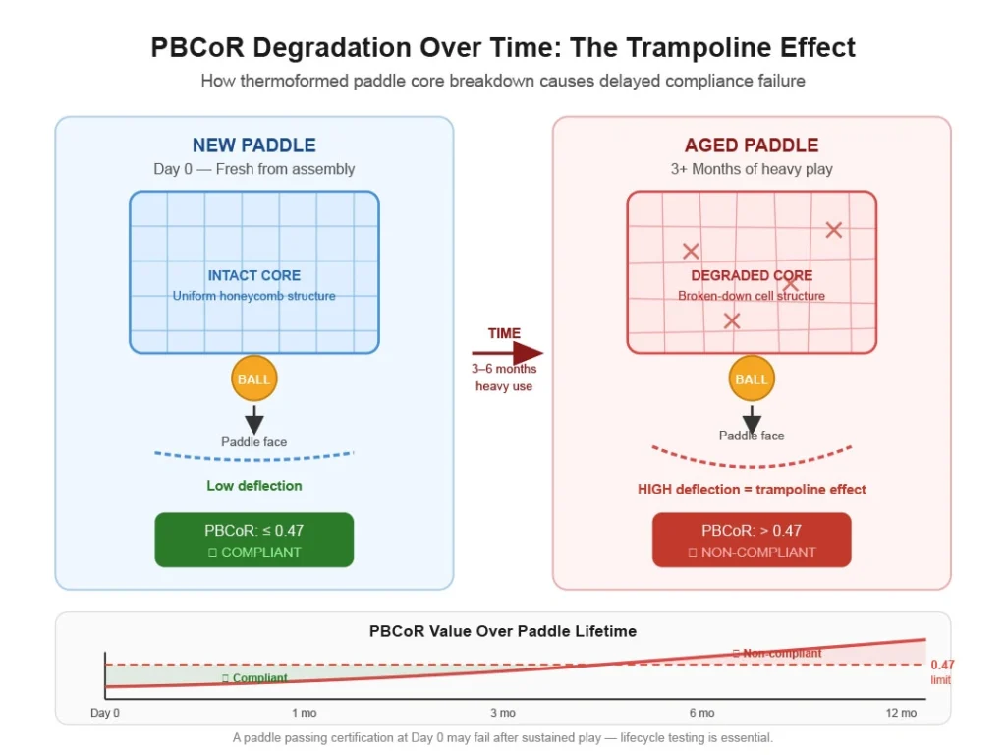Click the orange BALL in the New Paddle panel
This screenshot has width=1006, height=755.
pyautogui.click(x=253, y=379)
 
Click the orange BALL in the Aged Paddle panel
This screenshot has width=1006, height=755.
pyautogui.click(x=752, y=379)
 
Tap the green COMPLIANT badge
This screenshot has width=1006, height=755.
pyautogui.click(x=253, y=540)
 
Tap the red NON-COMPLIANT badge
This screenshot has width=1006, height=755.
pyautogui.click(x=752, y=540)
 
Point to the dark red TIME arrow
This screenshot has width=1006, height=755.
pyautogui.click(x=507, y=353)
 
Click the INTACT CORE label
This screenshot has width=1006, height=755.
pyautogui.click(x=253, y=275)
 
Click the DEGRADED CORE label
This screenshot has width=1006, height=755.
pyautogui.click(x=752, y=275)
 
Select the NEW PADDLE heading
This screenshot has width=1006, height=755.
pyautogui.click(x=253, y=145)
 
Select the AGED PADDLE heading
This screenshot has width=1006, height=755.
pyautogui.click(x=752, y=145)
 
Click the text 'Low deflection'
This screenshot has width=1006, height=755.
pyautogui.click(x=253, y=485)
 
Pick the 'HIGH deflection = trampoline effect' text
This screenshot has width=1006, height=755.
pyautogui.click(x=752, y=489)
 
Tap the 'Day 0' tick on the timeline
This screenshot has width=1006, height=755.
pyautogui.click(x=105, y=713)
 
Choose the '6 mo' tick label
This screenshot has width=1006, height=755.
pyautogui.click(x=701, y=713)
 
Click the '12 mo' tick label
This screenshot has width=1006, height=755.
pyautogui.click(x=901, y=713)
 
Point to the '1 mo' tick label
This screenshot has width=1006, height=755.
pyautogui.click(x=304, y=713)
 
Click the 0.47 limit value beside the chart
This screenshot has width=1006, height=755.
pyautogui.click(x=942, y=665)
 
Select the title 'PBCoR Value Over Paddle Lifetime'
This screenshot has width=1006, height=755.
pyautogui.click(x=502, y=631)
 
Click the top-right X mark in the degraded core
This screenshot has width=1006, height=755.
pyautogui.click(x=834, y=230)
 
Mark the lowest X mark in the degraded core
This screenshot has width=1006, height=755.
pyautogui.click(x=731, y=320)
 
